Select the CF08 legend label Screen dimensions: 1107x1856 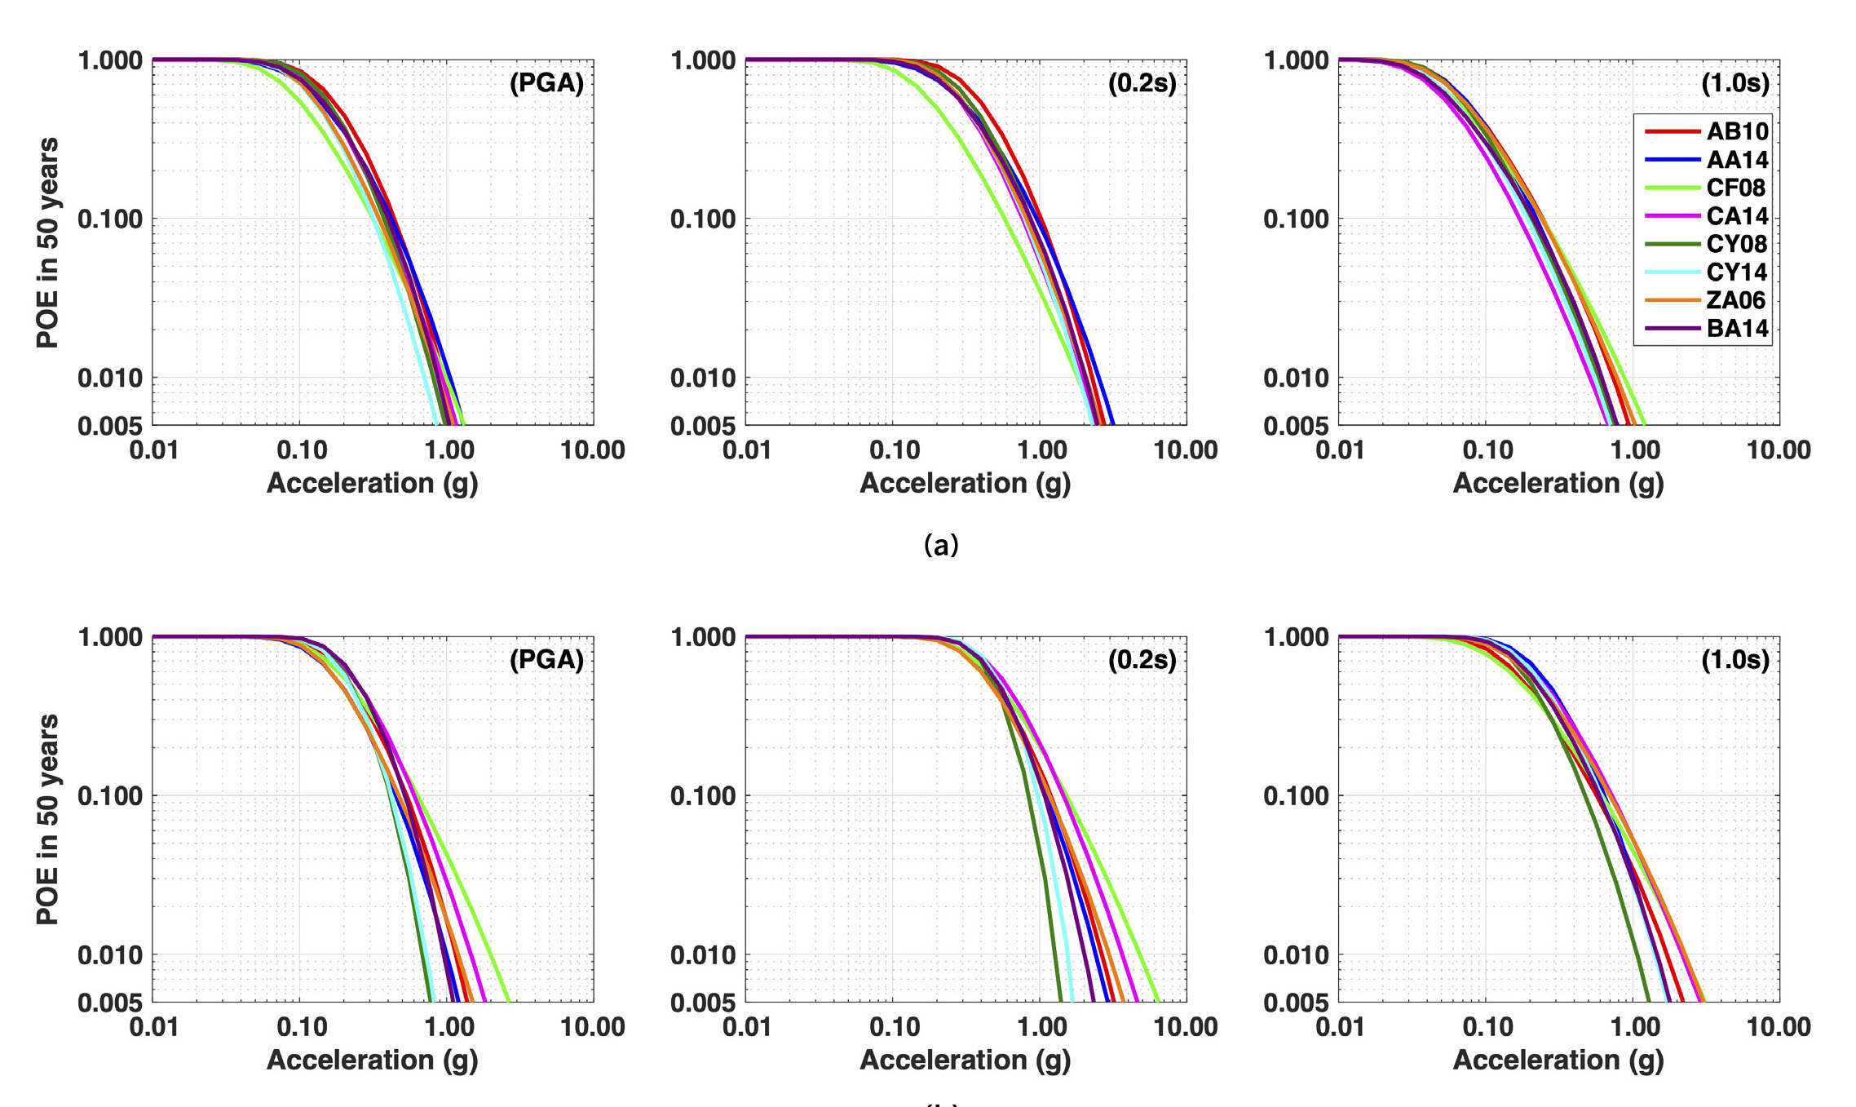pyautogui.click(x=1737, y=188)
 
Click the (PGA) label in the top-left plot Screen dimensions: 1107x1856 pyautogui.click(x=546, y=83)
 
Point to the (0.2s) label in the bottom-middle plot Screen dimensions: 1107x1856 pyautogui.click(x=1142, y=660)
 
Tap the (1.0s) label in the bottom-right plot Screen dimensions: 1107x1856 pyautogui.click(x=1734, y=660)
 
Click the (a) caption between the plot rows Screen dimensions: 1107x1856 pyautogui.click(x=941, y=544)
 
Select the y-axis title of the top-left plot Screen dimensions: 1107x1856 pyautogui.click(x=47, y=242)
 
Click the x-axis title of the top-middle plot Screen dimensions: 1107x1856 pyautogui.click(x=966, y=483)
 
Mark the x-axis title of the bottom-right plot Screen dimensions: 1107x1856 pyautogui.click(x=1558, y=1060)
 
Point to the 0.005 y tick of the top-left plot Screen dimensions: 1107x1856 pyautogui.click(x=109, y=425)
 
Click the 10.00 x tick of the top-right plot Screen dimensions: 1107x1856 pyautogui.click(x=1779, y=450)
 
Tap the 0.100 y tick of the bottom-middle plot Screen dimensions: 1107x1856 pyautogui.click(x=702, y=795)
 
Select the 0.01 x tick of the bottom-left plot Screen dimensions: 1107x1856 pyautogui.click(x=154, y=1027)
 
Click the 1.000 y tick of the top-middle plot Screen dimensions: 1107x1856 pyautogui.click(x=702, y=60)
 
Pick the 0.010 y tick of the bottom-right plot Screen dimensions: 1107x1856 pyautogui.click(x=1295, y=954)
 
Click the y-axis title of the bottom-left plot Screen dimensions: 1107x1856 pyautogui.click(x=47, y=819)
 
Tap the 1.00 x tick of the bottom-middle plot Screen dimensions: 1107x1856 pyautogui.click(x=1041, y=1027)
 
